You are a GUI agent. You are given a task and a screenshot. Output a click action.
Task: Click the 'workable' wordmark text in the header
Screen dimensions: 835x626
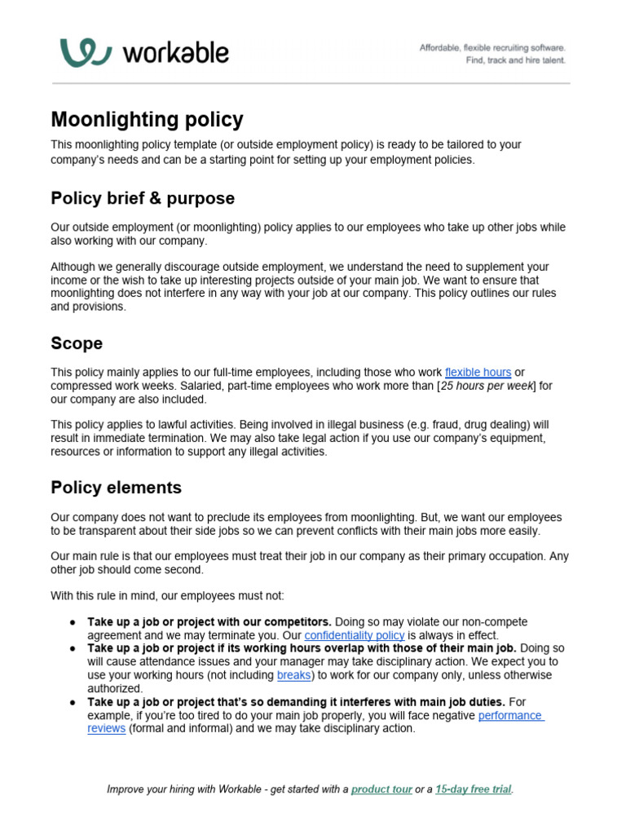click(x=175, y=54)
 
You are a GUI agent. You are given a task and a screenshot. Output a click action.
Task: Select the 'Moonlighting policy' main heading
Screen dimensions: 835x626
click(x=147, y=119)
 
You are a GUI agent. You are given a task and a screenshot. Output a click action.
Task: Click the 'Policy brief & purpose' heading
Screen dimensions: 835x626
click(x=143, y=198)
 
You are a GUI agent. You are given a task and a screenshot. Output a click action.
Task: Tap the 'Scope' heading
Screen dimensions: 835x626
click(x=77, y=343)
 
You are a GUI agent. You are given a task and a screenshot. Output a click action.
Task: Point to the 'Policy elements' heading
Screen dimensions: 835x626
click(x=116, y=488)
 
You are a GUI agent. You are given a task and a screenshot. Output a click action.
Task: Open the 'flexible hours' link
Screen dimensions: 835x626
click(x=478, y=373)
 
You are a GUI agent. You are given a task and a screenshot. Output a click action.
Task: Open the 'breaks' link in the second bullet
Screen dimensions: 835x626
click(x=293, y=675)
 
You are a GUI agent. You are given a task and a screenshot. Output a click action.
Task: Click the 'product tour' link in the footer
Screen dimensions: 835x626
click(x=381, y=789)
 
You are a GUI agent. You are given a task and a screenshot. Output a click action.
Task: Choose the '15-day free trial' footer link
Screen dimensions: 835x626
click(x=474, y=789)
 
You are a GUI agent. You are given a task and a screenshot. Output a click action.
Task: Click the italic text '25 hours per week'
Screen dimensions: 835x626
click(x=486, y=387)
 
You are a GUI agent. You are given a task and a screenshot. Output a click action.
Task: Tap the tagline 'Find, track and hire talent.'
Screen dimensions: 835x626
click(x=515, y=60)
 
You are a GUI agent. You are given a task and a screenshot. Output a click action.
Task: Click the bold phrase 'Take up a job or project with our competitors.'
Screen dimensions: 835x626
click(x=209, y=621)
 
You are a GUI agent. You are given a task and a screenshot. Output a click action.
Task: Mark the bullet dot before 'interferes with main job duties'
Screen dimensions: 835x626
click(x=73, y=702)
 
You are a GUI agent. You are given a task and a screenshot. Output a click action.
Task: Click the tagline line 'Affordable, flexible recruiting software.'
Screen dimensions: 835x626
click(x=492, y=48)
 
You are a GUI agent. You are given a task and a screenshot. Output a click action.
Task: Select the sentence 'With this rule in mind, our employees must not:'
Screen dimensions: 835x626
click(x=167, y=595)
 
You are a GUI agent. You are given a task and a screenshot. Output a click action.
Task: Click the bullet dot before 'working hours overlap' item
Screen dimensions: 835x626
click(x=73, y=648)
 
